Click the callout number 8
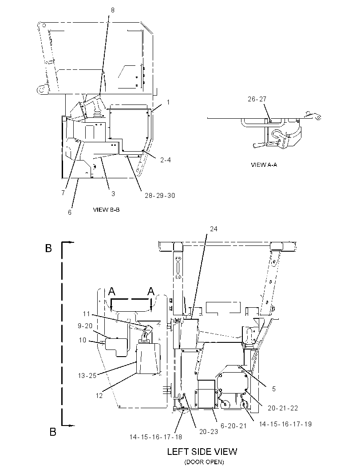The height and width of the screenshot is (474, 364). click(x=113, y=10)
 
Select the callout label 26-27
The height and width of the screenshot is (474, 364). click(x=257, y=99)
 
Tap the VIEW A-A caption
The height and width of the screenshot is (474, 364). click(x=264, y=165)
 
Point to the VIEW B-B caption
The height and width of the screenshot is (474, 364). click(x=106, y=209)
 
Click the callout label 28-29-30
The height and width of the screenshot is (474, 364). click(x=160, y=196)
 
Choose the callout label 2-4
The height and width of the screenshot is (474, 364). click(x=166, y=160)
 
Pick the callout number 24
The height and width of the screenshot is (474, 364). click(x=214, y=229)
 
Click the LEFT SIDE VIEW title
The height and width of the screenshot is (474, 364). click(x=202, y=452)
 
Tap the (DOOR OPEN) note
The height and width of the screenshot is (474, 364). click(x=204, y=462)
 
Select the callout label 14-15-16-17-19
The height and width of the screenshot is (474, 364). click(x=285, y=424)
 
